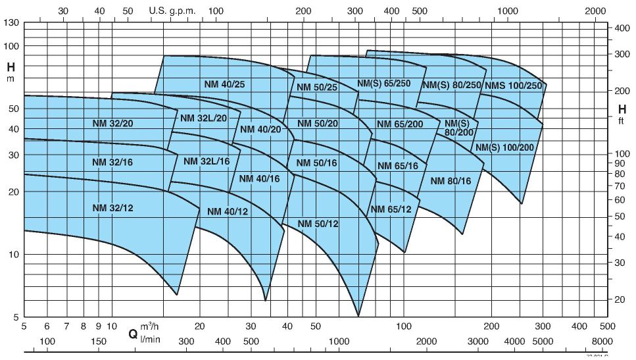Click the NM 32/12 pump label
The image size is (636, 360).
click(113, 208)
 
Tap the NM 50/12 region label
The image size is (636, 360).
click(318, 224)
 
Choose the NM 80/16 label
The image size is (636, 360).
click(451, 181)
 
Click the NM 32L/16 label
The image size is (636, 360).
click(207, 161)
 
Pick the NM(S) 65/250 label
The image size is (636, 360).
click(383, 84)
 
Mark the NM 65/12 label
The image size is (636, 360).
click(391, 209)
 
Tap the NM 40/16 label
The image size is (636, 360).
click(259, 178)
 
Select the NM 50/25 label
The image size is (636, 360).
click(317, 88)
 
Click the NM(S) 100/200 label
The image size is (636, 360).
click(504, 147)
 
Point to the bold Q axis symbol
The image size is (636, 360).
click(133, 334)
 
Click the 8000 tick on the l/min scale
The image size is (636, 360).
click(601, 341)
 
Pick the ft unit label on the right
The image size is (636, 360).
click(622, 122)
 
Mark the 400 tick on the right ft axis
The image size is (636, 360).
click(622, 28)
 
